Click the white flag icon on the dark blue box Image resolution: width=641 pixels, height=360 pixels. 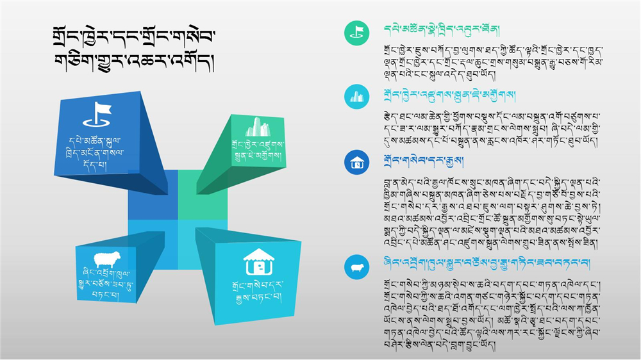point(97,114)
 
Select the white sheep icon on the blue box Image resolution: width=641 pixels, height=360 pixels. point(107,259)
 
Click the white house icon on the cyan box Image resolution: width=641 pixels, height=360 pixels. point(259,262)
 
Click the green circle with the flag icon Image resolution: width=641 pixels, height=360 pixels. point(356,33)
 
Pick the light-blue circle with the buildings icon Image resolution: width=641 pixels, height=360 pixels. point(356,97)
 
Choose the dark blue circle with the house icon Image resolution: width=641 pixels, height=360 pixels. point(356,162)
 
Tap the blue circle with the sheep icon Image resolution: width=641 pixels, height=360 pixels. point(356,267)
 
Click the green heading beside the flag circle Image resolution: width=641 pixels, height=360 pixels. point(442,30)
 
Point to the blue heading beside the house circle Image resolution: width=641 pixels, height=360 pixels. point(424,161)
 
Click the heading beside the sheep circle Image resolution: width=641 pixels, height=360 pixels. point(487,263)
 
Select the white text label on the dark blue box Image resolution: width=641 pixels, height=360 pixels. point(95,153)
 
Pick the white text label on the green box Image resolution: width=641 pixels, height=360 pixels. point(258,150)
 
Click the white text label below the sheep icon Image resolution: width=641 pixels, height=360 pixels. point(105,284)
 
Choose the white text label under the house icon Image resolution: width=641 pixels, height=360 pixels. point(258,291)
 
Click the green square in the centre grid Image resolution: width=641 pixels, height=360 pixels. point(203,195)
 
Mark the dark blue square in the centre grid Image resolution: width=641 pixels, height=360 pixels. point(153,195)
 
